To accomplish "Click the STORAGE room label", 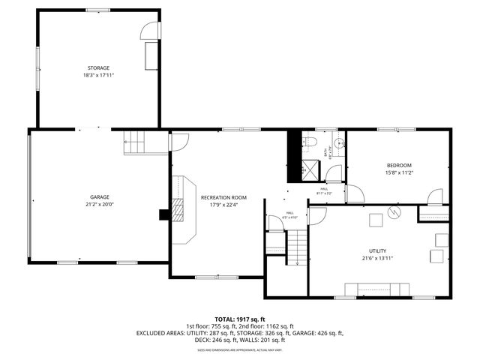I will pos(98,68).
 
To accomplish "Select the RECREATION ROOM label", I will pos(223,197).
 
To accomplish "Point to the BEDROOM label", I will pos(399,166).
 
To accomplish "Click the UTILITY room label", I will pos(377,250).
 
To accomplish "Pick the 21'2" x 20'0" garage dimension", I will pos(100,204).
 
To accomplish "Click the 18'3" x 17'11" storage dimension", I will pos(98,75).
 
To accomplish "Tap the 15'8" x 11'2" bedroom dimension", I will pos(399,172).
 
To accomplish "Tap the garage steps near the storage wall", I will pos(136,141).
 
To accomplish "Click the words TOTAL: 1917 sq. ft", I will pos(239,319).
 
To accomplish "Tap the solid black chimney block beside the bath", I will pos(295,154).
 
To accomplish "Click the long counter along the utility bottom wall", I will pos(376,289).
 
